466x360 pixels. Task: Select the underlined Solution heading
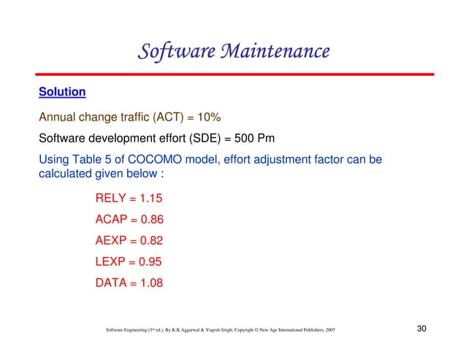click(x=62, y=93)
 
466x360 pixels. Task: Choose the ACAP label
click(x=113, y=219)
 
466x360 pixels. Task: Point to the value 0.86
click(x=153, y=219)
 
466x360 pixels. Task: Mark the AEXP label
click(x=113, y=240)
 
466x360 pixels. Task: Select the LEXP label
click(x=112, y=261)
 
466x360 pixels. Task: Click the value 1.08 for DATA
click(x=152, y=283)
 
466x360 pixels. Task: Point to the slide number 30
click(x=421, y=329)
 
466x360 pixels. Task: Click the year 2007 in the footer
click(x=330, y=331)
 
